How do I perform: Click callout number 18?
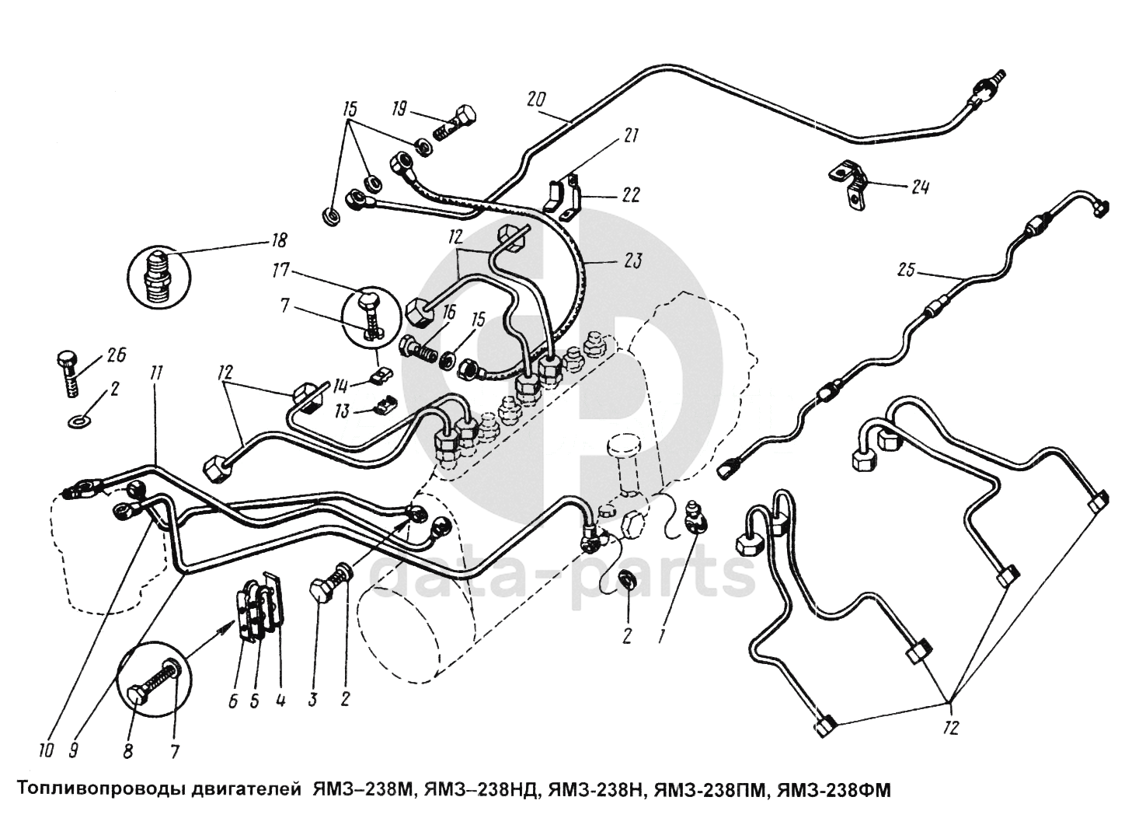(x=278, y=239)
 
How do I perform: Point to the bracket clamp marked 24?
(x=848, y=184)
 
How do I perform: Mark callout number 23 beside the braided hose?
(x=632, y=262)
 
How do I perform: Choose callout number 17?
(x=280, y=271)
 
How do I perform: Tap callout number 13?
(x=340, y=411)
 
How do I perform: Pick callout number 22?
(x=631, y=195)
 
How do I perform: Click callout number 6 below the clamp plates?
(x=232, y=700)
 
